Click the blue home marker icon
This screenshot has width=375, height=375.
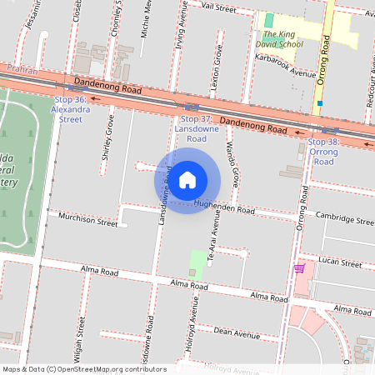(187, 179)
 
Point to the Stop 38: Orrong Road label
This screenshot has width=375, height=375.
(322, 152)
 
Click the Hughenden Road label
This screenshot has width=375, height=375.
(224, 207)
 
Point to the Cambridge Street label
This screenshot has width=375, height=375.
(344, 219)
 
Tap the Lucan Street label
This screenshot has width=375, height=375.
(341, 263)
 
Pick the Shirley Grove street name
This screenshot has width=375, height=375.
(108, 137)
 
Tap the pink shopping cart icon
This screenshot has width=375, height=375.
(299, 268)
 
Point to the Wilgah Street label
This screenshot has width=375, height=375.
(80, 342)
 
